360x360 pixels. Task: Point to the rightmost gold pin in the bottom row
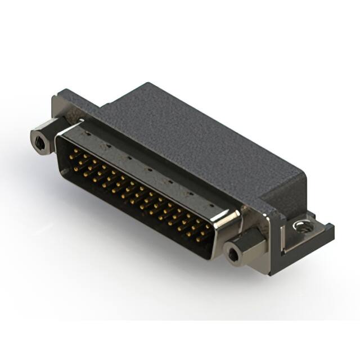200,240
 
